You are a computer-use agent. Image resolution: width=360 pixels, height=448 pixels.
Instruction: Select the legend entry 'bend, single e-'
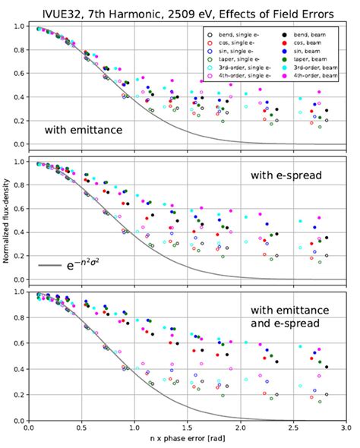(x=242, y=36)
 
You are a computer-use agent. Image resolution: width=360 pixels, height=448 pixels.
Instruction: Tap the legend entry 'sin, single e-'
(x=241, y=55)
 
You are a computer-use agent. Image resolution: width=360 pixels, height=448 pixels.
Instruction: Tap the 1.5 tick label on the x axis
(x=186, y=430)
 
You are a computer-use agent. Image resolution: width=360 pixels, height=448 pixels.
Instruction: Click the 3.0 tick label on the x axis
(x=344, y=430)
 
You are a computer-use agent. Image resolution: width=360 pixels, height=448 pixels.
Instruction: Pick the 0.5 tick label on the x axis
(x=81, y=430)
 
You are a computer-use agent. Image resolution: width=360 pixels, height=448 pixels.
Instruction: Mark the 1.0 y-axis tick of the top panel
(x=17, y=27)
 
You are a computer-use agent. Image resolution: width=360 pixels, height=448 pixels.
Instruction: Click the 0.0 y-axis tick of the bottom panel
(x=17, y=421)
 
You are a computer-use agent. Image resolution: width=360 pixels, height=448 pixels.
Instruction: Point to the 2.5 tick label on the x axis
(x=292, y=430)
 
